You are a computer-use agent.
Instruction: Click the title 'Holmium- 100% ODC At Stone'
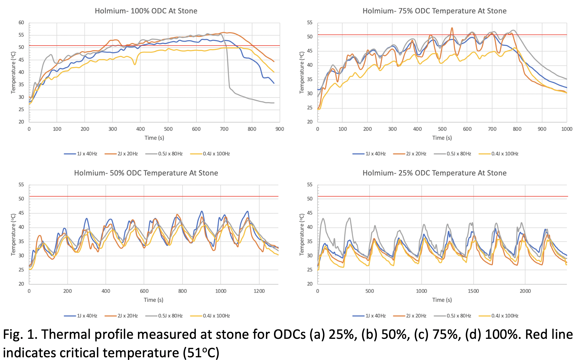(x=146, y=11)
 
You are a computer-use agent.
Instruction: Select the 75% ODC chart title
(x=434, y=11)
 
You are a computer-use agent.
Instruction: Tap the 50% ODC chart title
(x=146, y=173)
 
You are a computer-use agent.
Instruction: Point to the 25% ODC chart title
(x=434, y=173)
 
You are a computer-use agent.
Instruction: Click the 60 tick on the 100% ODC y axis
(x=21, y=23)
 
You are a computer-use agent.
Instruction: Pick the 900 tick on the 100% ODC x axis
(x=280, y=129)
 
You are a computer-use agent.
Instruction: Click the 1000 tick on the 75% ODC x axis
(x=567, y=129)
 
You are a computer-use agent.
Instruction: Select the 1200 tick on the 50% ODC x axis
(x=259, y=291)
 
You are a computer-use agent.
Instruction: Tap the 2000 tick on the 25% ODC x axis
(x=525, y=291)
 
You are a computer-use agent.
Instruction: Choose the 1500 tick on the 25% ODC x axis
(x=473, y=291)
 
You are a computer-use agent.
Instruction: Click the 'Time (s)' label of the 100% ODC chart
(x=154, y=138)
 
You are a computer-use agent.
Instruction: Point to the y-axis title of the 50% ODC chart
(x=13, y=235)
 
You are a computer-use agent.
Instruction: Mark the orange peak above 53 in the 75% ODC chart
(x=452, y=28)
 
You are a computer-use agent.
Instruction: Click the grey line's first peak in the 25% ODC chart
(x=323, y=219)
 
